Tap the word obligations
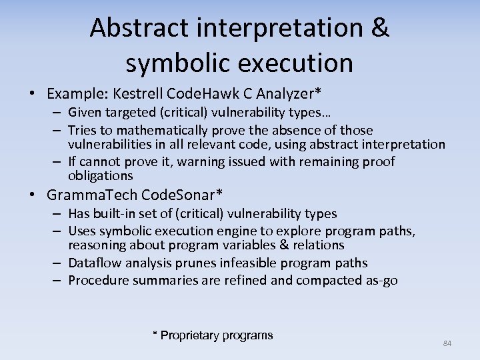coord(101,176)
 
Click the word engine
coord(267,231)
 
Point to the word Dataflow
coord(94,263)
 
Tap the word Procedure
coord(98,280)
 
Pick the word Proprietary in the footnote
coord(190,335)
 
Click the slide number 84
coord(447,343)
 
